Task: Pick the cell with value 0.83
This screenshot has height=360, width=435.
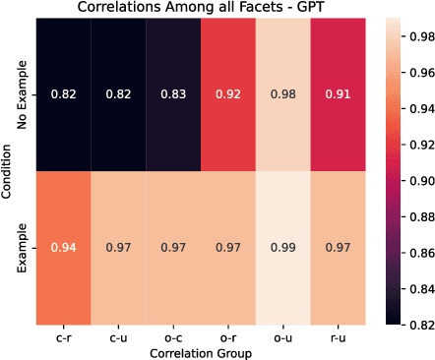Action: [x=173, y=94]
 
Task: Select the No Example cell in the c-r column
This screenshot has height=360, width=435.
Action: [x=64, y=94]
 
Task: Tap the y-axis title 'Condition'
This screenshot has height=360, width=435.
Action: [x=9, y=169]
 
